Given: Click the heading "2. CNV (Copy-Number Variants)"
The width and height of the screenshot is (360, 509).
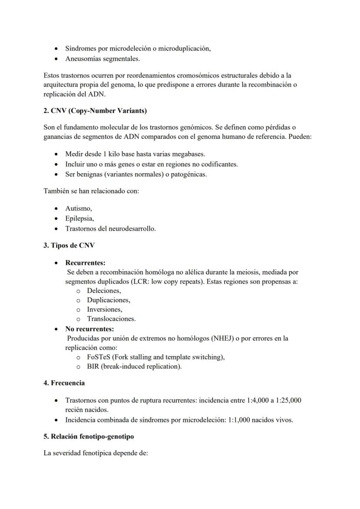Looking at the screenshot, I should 95,111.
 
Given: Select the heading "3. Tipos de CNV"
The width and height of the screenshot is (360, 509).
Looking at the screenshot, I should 69,245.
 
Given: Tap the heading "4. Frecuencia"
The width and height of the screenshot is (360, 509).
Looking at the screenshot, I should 64,383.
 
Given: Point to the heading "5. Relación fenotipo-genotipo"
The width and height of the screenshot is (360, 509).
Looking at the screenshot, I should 90,436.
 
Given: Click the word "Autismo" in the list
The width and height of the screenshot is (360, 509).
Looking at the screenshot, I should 78,209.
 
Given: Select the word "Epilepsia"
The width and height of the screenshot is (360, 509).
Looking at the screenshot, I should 79,218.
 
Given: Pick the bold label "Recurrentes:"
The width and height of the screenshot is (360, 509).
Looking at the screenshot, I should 85,263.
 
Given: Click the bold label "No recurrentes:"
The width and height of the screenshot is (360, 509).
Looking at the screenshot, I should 90,329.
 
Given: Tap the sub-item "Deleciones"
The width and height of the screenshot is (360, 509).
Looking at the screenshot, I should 103,291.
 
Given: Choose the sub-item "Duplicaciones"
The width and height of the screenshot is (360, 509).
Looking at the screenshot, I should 108,300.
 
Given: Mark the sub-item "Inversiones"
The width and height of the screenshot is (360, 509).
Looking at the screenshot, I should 104,309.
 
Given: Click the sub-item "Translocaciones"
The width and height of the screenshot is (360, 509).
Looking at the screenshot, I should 111,319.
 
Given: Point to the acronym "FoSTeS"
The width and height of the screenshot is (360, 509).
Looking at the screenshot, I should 99,357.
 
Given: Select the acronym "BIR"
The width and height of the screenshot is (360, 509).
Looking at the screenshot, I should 93,366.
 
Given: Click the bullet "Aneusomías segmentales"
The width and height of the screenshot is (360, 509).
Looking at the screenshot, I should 102,58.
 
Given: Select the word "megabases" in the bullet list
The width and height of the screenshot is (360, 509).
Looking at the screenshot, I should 190,154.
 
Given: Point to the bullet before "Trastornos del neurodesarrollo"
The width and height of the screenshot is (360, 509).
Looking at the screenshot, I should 57,228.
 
